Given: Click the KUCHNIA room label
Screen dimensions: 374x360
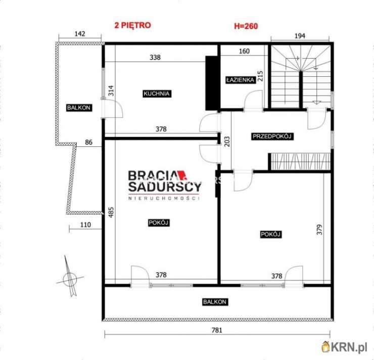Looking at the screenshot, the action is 157,93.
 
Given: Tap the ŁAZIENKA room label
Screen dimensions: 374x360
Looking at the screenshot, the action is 240,80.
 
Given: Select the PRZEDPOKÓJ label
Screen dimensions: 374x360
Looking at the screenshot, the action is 272,136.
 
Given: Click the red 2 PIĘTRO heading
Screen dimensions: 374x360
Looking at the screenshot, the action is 132,25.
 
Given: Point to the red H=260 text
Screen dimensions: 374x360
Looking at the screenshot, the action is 246,26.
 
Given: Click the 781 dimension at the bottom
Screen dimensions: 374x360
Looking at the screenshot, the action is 217,330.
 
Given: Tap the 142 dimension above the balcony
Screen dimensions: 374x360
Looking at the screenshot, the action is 80,34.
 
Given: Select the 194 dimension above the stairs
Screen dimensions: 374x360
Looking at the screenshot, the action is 300,36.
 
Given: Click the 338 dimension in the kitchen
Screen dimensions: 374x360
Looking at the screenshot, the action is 155,58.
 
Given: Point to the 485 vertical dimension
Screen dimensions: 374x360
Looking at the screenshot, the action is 111,212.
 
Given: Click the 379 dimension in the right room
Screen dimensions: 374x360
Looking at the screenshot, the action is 319,230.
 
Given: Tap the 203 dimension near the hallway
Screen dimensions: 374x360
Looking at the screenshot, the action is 227,141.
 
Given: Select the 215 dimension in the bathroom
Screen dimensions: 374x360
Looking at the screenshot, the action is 260,76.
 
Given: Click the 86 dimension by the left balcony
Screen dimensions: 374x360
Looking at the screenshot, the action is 88,142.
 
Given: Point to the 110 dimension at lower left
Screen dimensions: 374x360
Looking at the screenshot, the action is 85,225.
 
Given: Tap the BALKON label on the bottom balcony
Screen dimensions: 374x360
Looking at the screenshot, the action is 214,302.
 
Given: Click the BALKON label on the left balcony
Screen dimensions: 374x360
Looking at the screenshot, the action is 79,108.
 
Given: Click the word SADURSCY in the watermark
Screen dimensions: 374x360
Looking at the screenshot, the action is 165,187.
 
